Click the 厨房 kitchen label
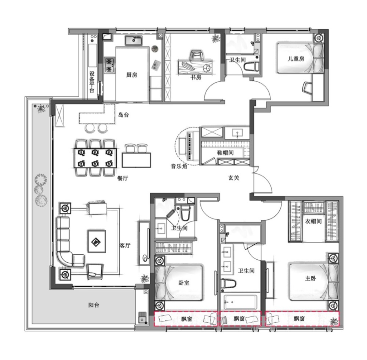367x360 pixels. click(x=131, y=75)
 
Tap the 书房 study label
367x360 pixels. click(x=196, y=77)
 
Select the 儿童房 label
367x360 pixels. click(x=296, y=58)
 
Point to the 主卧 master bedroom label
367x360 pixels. click(x=310, y=278)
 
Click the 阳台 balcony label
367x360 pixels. click(x=94, y=305)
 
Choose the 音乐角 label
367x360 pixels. click(x=179, y=166)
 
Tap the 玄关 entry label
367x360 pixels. click(x=233, y=178)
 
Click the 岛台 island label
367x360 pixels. click(x=123, y=115)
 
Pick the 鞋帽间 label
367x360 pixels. click(x=225, y=153)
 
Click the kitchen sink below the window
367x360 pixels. click(x=134, y=40)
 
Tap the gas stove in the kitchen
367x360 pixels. click(x=109, y=65)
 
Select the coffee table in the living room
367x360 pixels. click(x=97, y=241)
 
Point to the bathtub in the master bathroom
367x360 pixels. click(x=240, y=302)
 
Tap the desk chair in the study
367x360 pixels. click(x=196, y=56)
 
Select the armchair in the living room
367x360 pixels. click(x=95, y=272)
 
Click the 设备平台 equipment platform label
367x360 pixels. click(x=92, y=82)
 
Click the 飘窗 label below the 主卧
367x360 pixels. click(x=299, y=318)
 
